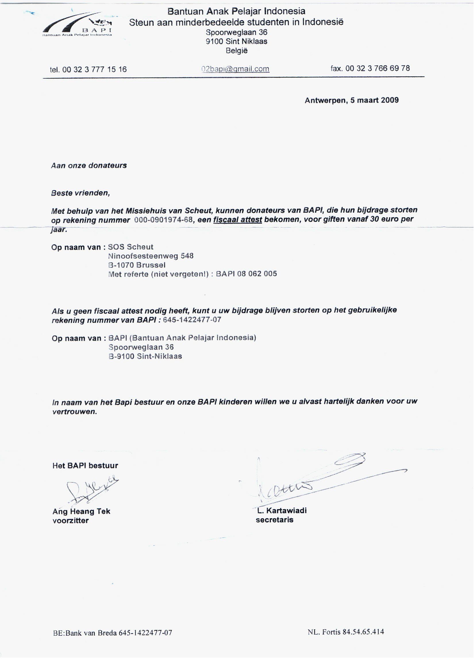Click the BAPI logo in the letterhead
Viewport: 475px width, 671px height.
point(78,25)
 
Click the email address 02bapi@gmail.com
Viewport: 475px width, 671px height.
point(235,69)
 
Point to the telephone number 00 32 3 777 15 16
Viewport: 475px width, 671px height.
point(94,69)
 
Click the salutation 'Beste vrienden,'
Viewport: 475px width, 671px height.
point(80,193)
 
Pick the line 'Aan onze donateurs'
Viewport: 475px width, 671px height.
point(89,165)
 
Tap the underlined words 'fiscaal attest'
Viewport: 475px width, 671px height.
point(238,220)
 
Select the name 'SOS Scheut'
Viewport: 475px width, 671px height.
point(130,247)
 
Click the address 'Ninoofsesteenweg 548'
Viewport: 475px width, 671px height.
point(151,256)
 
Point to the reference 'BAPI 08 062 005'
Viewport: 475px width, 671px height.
point(246,274)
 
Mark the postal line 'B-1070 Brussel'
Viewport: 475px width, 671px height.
point(137,265)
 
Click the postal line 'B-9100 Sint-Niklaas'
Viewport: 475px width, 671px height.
point(145,356)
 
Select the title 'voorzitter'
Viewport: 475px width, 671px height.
point(70,521)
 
